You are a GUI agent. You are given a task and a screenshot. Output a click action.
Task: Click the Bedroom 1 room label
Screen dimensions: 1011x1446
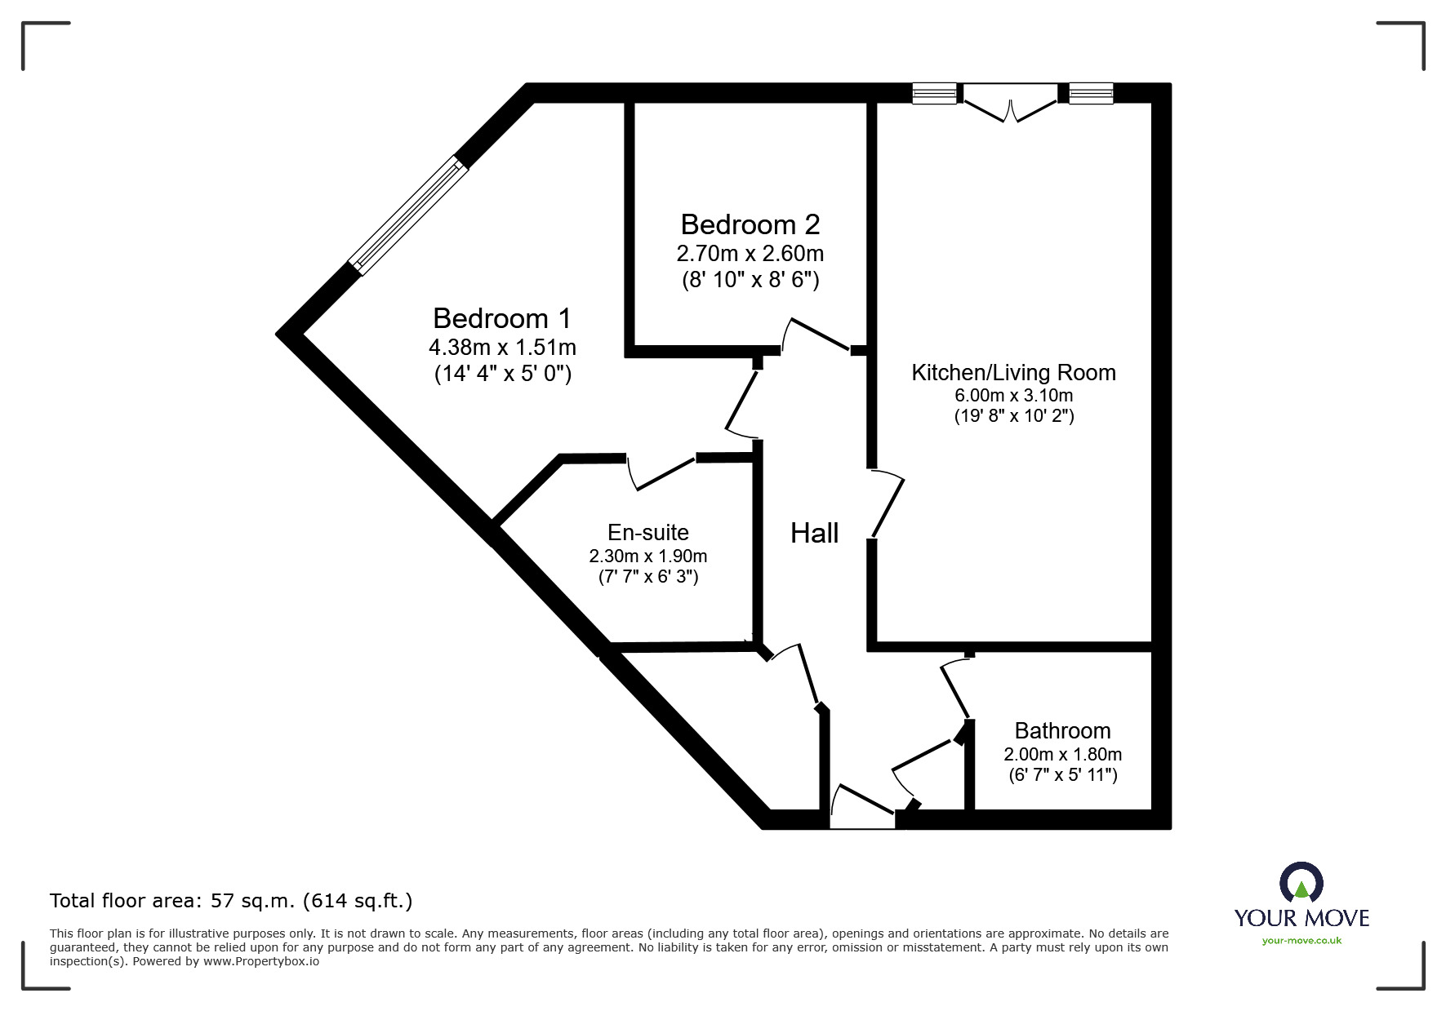501,318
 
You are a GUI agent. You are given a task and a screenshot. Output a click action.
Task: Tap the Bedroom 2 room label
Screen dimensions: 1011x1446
750,224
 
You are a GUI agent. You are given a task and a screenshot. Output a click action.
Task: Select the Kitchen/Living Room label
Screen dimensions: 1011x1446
1013,373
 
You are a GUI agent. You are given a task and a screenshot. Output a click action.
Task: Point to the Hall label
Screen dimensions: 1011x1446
814,534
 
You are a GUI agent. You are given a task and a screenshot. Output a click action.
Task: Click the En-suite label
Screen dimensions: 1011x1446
648,533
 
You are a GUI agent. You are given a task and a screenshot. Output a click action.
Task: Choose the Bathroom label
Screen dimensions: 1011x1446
1062,730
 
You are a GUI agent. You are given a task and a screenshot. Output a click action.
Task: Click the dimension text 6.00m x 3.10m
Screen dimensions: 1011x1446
1013,396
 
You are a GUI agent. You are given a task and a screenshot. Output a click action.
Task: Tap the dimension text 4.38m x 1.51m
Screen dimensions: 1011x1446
502,348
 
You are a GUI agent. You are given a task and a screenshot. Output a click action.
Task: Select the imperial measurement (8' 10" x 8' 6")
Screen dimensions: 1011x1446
750,281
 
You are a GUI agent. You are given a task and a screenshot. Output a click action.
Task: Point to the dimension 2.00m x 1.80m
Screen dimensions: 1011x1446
1062,755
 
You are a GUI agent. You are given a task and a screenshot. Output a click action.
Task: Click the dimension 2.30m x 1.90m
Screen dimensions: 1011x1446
648,556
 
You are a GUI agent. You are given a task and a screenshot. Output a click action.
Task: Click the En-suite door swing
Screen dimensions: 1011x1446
663,474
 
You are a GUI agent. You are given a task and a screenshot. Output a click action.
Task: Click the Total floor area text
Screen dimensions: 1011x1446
231,901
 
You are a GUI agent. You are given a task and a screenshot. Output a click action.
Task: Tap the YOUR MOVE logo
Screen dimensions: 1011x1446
1301,905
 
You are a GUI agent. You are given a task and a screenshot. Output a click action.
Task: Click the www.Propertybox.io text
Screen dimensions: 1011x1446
261,961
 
